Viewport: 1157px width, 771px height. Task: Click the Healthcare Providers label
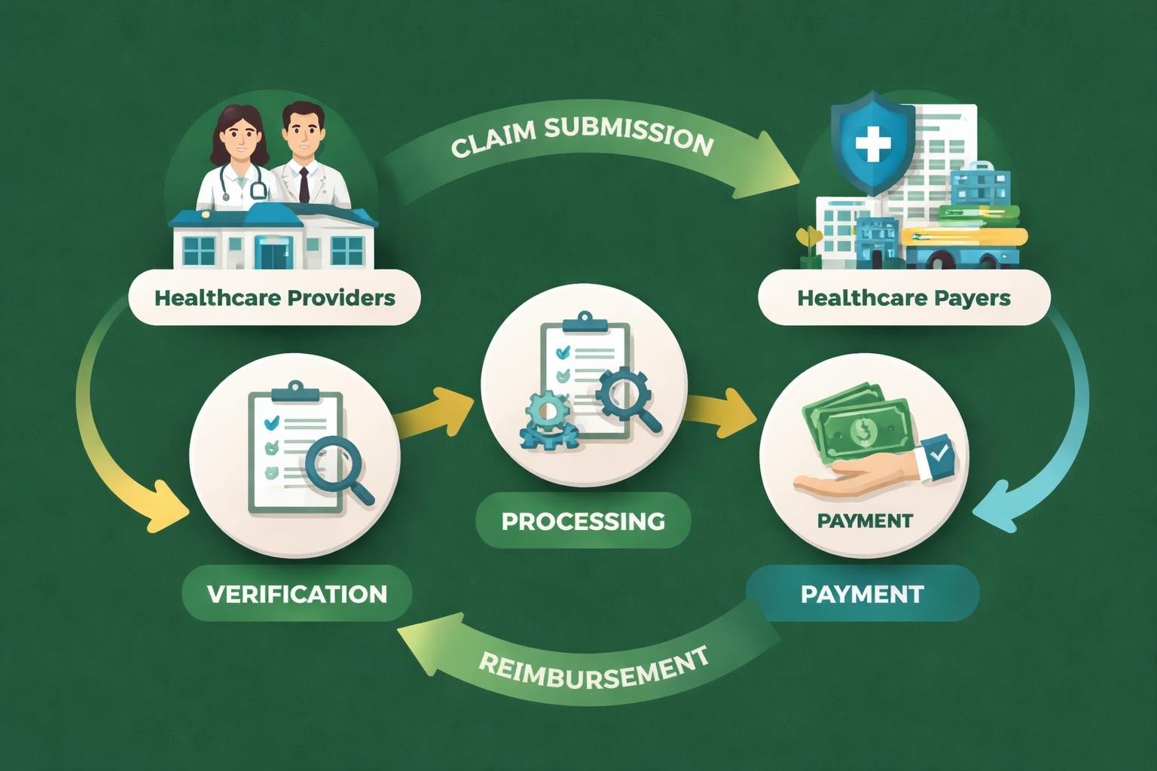click(x=274, y=297)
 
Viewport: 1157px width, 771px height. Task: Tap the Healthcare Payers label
click(x=903, y=297)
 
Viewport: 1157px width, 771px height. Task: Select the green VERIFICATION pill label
click(x=297, y=593)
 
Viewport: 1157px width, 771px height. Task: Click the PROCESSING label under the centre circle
click(x=583, y=520)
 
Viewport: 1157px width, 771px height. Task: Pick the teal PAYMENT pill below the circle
click(x=862, y=593)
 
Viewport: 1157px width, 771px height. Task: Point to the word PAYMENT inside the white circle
click(x=864, y=520)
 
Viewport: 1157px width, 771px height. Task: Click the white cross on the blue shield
click(x=873, y=143)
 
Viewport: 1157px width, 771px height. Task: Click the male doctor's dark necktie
click(x=304, y=184)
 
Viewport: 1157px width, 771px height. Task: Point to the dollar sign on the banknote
click(x=861, y=431)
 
